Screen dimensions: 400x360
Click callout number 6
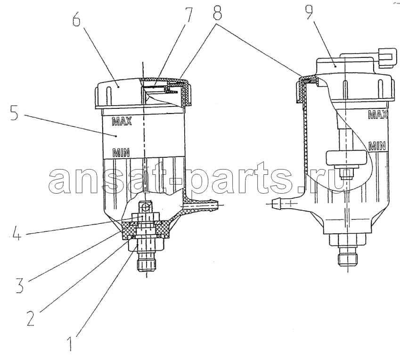point(76,17)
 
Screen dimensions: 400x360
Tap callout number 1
point(69,343)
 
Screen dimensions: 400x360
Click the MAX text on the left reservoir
point(122,121)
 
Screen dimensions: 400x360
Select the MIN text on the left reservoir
point(121,152)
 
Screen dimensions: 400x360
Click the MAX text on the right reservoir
point(378,115)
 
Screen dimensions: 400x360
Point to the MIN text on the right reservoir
point(377,146)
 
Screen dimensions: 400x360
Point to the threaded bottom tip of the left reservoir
point(147,265)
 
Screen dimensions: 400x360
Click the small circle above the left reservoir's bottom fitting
point(146,207)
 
